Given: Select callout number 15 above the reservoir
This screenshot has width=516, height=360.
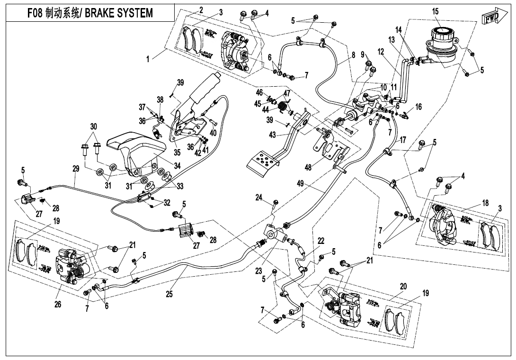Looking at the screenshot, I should pyautogui.click(x=435, y=11).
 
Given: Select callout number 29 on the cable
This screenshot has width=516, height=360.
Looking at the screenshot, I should pyautogui.click(x=76, y=168).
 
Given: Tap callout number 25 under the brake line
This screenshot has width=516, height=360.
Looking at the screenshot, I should pyautogui.click(x=169, y=295).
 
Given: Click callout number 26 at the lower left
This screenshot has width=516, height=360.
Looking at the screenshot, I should pyautogui.click(x=58, y=304).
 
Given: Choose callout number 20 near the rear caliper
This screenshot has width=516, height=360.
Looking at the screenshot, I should pyautogui.click(x=403, y=287).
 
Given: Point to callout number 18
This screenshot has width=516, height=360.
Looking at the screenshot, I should pyautogui.click(x=485, y=203).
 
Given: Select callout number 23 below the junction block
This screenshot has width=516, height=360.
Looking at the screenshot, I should pyautogui.click(x=259, y=271).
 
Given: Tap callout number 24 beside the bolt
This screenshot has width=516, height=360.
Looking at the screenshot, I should pyautogui.click(x=258, y=198).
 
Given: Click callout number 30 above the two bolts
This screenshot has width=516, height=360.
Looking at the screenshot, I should pyautogui.click(x=93, y=126).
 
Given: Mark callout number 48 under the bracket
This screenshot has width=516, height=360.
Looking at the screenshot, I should pyautogui.click(x=308, y=167).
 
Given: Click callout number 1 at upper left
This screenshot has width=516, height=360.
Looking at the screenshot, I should pyautogui.click(x=148, y=59).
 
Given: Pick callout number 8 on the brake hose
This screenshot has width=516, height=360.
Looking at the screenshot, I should pyautogui.click(x=353, y=55).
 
